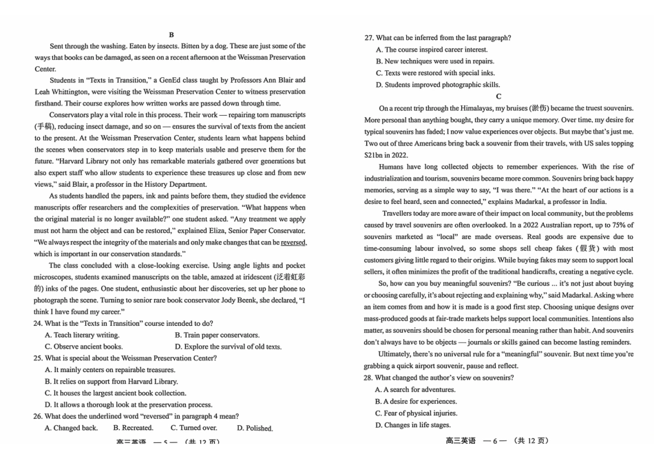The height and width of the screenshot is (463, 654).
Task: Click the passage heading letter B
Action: [x=171, y=34]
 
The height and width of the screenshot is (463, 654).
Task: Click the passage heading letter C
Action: [x=498, y=96]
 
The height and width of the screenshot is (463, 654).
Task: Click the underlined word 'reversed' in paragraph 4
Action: [x=293, y=243]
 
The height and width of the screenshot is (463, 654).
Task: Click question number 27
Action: [x=369, y=38]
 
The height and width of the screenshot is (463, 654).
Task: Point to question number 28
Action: [x=369, y=378]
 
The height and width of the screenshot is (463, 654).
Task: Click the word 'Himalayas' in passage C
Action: [x=470, y=108]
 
